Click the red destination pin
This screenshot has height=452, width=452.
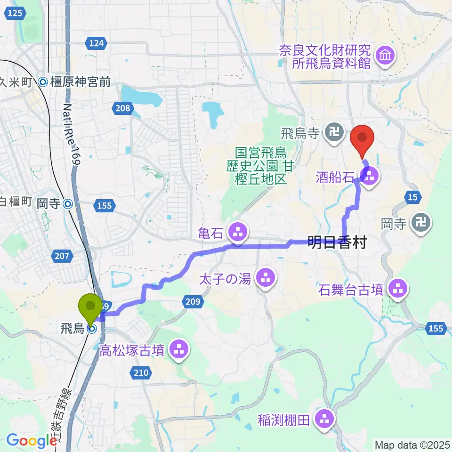point(363,139)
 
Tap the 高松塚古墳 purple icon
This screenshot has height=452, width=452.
point(178,349)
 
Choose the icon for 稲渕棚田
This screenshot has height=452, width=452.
point(324,418)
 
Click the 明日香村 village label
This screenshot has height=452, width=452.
point(337,243)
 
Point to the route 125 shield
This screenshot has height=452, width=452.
point(16,15)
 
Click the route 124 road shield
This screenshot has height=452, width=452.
point(96,43)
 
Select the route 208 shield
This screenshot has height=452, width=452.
point(121,109)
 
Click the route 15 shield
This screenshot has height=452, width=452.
point(412,198)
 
